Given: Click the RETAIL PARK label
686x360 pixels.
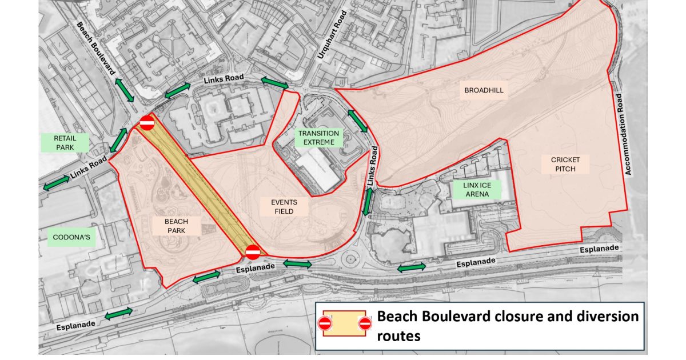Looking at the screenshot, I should pyautogui.click(x=65, y=142).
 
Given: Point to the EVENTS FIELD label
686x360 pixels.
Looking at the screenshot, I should pyautogui.click(x=284, y=206).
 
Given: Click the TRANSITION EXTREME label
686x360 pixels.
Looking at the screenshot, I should pyautogui.click(x=318, y=138).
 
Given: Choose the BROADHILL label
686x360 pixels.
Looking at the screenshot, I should pyautogui.click(x=478, y=90).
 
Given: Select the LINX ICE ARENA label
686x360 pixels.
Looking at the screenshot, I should pyautogui.click(x=476, y=190).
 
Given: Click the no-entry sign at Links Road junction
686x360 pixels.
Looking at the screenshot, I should pyautogui.click(x=147, y=122).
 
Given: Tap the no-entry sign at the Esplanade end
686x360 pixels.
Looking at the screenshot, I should pyautogui.click(x=253, y=251).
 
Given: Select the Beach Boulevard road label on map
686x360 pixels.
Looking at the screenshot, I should pyautogui.click(x=96, y=52).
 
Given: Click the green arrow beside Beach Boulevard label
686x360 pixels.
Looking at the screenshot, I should pyautogui.click(x=124, y=90).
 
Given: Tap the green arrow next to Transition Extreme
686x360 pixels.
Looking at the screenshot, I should pyautogui.click(x=357, y=121).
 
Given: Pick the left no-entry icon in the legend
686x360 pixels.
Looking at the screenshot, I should pyautogui.click(x=325, y=324).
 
